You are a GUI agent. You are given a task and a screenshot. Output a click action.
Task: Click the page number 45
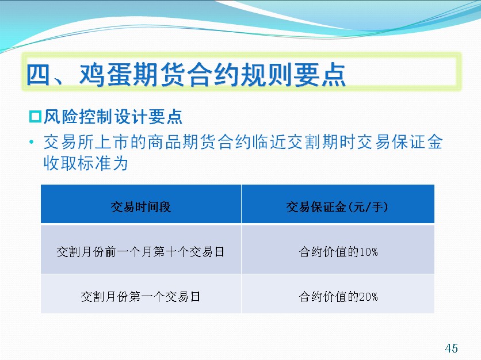(451, 348)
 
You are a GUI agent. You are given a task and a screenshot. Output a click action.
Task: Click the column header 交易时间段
(141, 207)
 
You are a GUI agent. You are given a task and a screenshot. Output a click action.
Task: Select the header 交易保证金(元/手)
(337, 207)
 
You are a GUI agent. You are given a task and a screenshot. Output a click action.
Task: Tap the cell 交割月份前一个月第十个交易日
(140, 252)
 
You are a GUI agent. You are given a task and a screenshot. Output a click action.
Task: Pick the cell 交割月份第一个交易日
(140, 297)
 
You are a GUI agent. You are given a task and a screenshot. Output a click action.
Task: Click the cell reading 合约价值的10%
(338, 252)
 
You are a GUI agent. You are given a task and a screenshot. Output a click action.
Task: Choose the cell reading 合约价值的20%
(338, 297)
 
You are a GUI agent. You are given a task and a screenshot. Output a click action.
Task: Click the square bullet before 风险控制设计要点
(35, 117)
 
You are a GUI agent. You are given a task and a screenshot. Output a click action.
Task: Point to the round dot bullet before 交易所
(31, 142)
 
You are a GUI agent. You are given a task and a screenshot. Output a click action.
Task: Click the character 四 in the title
(39, 75)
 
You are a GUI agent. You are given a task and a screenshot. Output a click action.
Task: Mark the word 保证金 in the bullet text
(417, 142)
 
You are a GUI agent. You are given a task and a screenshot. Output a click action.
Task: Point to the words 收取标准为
(86, 163)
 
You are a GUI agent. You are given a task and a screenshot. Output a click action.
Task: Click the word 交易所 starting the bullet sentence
(68, 142)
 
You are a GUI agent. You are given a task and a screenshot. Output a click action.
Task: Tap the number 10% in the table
(368, 252)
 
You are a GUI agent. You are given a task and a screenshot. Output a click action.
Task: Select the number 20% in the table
(368, 297)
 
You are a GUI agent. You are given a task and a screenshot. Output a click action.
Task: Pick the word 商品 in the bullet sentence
(165, 142)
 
